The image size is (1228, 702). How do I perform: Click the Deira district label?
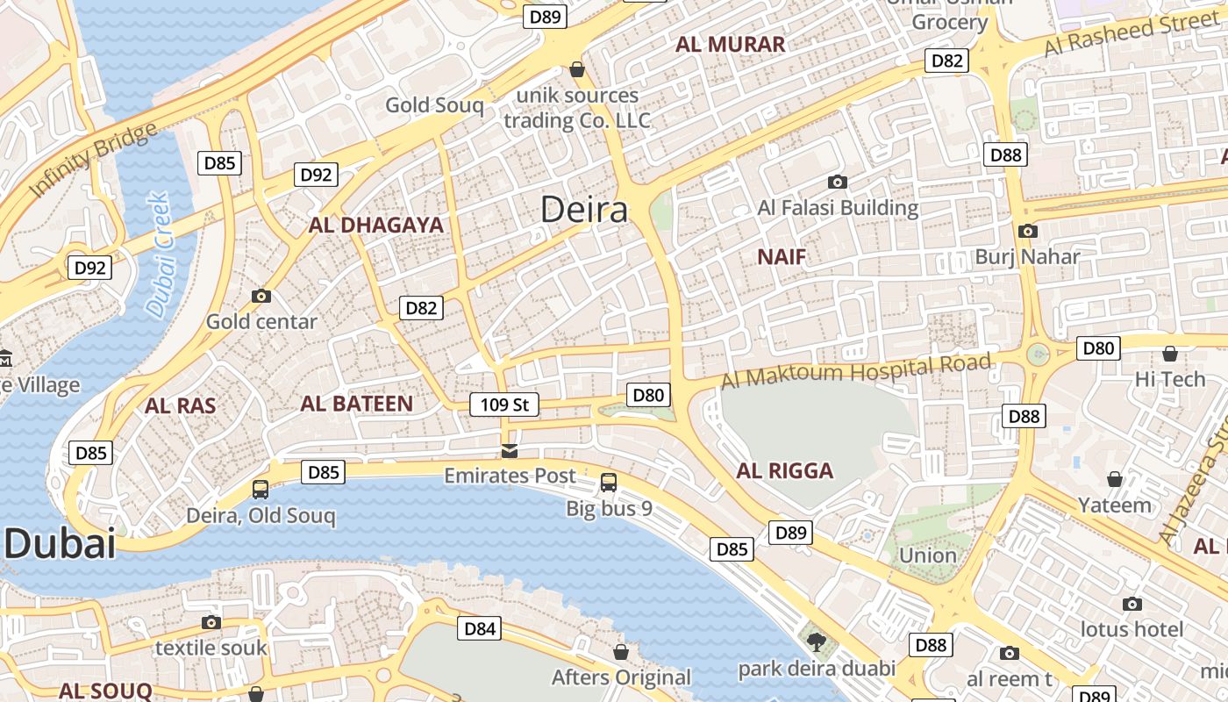(x=584, y=210)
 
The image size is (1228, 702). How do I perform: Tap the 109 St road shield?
(x=504, y=405)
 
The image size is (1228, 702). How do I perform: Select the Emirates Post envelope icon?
(x=509, y=452)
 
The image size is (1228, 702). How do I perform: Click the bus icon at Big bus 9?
(x=609, y=482)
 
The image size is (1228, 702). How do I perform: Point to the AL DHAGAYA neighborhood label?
(x=376, y=226)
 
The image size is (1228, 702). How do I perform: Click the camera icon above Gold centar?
(x=261, y=297)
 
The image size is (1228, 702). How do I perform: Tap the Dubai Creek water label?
(x=159, y=254)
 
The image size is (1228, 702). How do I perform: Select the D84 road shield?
(x=480, y=628)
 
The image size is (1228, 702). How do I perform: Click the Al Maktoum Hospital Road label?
(x=856, y=371)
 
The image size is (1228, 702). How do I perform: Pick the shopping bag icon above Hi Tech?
(x=1170, y=354)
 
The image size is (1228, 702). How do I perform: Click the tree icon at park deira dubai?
(x=817, y=642)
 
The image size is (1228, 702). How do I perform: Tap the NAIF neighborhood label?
(x=781, y=257)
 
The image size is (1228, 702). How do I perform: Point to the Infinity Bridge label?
(x=92, y=160)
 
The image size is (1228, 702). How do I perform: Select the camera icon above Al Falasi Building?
(x=838, y=183)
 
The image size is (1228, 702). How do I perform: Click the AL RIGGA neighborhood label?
(x=784, y=471)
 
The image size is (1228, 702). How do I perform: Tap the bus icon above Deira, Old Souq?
(x=261, y=490)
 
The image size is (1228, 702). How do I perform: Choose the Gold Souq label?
(x=434, y=106)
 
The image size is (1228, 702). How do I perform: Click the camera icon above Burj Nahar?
(x=1027, y=232)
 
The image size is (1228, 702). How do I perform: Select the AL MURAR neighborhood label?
(x=730, y=45)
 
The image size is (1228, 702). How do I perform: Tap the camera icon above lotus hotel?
(x=1132, y=604)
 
